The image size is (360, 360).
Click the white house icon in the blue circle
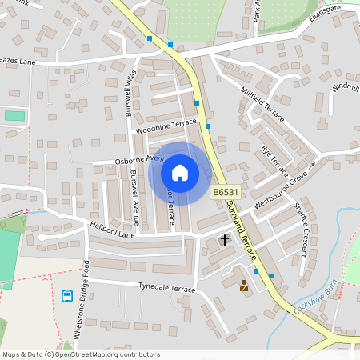[180, 173]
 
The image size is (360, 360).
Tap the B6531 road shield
[226, 193]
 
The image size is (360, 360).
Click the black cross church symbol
[225, 239]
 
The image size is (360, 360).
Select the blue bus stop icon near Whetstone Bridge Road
[68, 296]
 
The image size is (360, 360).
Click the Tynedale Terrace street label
[166, 287]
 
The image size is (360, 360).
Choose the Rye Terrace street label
[274, 162]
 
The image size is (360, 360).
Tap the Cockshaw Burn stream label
[318, 298]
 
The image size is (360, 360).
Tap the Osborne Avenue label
[138, 160]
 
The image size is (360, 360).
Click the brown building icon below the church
[244, 284]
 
